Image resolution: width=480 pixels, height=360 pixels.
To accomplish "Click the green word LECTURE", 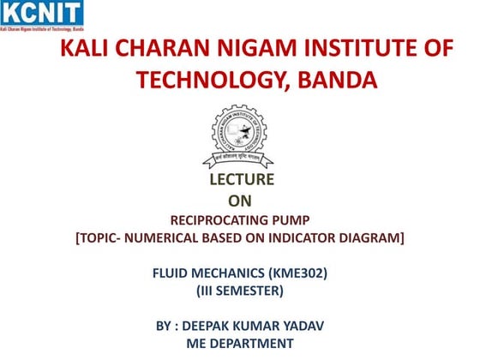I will pyautogui.click(x=242, y=180).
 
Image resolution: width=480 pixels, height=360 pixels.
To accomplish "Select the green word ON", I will pyautogui.click(x=241, y=201).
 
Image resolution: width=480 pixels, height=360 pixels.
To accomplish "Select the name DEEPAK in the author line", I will pyautogui.click(x=203, y=327).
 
